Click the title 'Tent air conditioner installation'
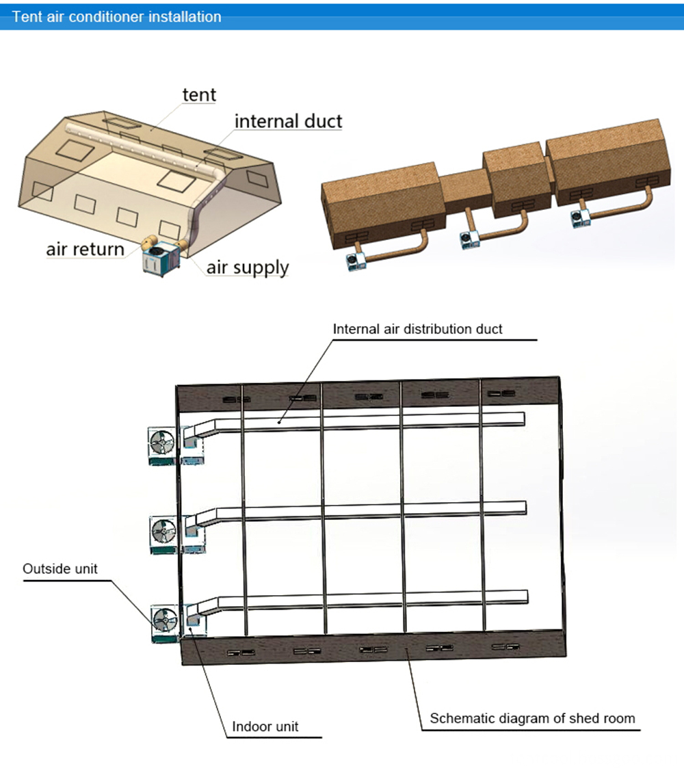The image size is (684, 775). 117,17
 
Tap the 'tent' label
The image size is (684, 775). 199,94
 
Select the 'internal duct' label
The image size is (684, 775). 288,122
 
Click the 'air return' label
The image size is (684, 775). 85,249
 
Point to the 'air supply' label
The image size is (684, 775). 248,267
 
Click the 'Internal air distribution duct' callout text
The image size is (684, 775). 417,329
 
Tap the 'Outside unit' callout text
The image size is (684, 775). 60,568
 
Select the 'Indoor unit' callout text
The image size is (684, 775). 265,726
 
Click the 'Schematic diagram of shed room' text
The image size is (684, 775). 532,718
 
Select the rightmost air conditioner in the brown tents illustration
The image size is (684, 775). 579,218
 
